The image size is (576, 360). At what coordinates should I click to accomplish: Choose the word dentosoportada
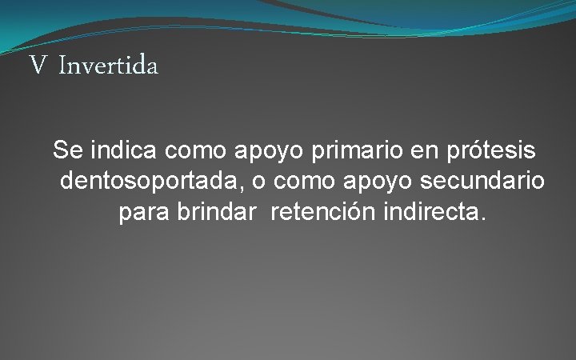point(150,182)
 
